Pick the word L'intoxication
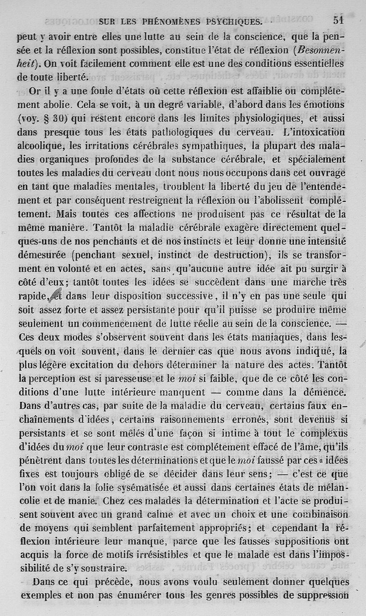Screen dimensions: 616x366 [313, 133]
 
